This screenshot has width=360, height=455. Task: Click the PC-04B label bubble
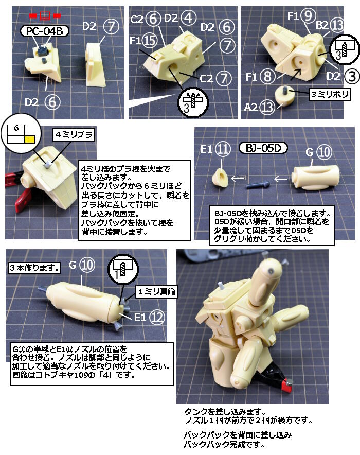[44, 31]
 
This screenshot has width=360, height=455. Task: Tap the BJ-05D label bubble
[263, 148]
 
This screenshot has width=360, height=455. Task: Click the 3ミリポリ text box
[330, 94]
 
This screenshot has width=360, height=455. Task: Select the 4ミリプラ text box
[74, 135]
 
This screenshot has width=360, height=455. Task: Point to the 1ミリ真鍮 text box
[156, 291]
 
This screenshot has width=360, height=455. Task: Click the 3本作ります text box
[34, 268]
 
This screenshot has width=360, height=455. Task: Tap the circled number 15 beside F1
[150, 40]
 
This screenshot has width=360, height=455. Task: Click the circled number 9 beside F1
[308, 15]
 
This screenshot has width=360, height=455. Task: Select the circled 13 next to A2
[267, 108]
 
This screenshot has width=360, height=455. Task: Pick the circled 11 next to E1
[223, 149]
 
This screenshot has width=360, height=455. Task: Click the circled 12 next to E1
[157, 318]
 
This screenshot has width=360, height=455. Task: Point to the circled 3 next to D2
[352, 77]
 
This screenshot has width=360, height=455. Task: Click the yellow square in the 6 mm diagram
[30, 139]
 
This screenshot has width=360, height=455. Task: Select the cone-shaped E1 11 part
[221, 177]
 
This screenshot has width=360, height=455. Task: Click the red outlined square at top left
[45, 15]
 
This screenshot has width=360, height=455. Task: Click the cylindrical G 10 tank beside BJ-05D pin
[315, 178]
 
